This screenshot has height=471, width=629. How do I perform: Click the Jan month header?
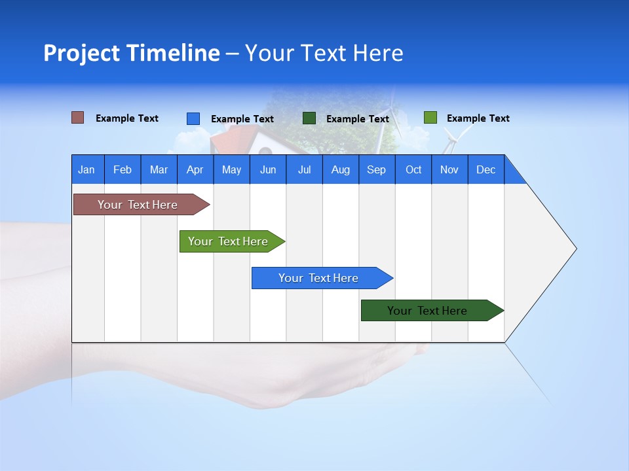(x=87, y=169)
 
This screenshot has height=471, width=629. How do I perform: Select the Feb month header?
(x=123, y=169)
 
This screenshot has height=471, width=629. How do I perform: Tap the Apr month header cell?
(x=195, y=169)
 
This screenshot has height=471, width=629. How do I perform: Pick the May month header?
(x=231, y=169)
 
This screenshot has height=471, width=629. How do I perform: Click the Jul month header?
(x=304, y=169)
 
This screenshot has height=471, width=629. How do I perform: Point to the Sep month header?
(x=377, y=169)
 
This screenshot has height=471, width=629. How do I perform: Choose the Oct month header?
(x=413, y=169)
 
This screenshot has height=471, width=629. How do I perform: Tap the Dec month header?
(x=486, y=169)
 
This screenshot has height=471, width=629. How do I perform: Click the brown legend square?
(x=78, y=118)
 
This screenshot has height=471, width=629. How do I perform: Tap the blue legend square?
(x=193, y=118)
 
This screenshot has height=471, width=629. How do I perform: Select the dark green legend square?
(x=309, y=118)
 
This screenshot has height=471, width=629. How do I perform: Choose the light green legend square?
(x=430, y=118)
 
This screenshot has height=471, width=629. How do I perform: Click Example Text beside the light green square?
(x=478, y=118)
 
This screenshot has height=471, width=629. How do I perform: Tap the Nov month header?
(x=449, y=169)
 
